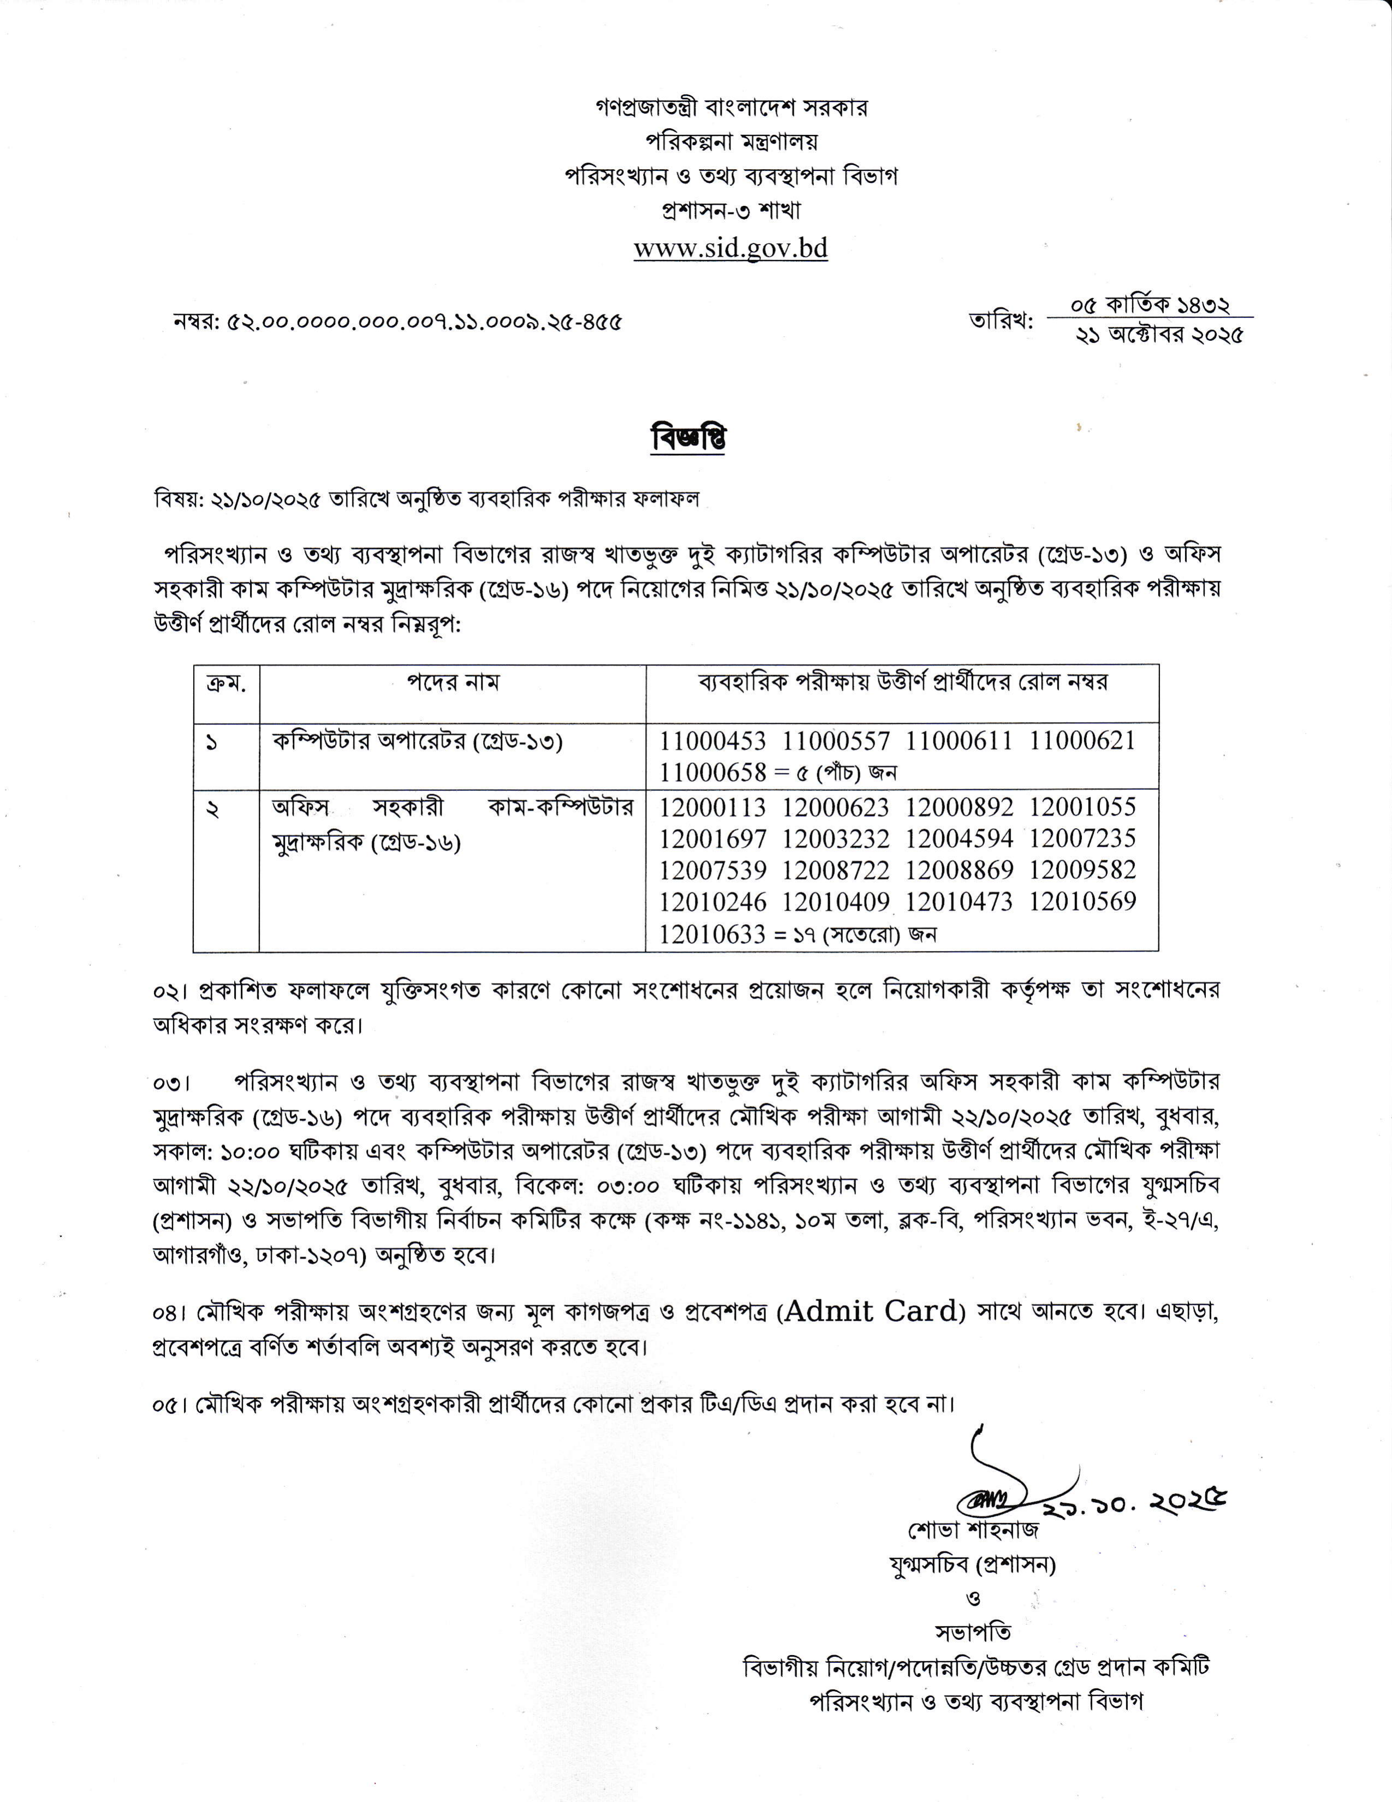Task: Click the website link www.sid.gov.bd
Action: (730, 248)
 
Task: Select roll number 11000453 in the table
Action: (712, 740)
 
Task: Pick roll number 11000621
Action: (1082, 740)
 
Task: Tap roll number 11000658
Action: (712, 772)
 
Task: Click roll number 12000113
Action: (712, 806)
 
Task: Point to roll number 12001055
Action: (1082, 806)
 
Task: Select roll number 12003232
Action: (836, 838)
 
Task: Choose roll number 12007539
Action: (712, 870)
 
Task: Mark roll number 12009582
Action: (1082, 870)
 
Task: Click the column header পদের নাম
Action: (452, 682)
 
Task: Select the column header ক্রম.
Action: (226, 683)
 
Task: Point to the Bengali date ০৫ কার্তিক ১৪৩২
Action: (1150, 305)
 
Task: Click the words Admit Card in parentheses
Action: (873, 1311)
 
